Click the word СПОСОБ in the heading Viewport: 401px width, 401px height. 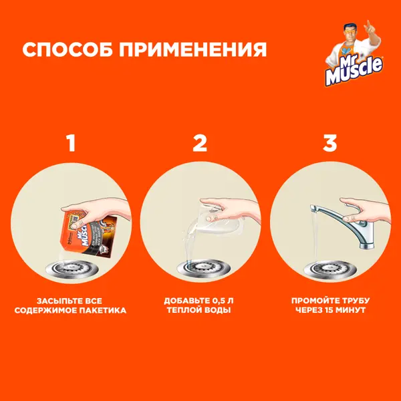click(68, 49)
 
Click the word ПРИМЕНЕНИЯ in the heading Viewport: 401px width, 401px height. click(193, 49)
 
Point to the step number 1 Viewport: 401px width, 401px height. click(71, 143)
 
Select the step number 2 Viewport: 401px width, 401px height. click(200, 143)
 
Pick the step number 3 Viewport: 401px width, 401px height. click(330, 143)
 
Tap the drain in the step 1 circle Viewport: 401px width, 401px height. click(72, 269)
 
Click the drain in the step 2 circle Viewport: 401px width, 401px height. click(204, 268)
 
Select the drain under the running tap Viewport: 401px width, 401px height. click(330, 269)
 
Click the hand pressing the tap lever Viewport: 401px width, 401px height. click(366, 211)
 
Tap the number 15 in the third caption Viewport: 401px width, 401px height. click(329, 310)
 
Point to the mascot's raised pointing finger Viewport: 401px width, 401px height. click(368, 23)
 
